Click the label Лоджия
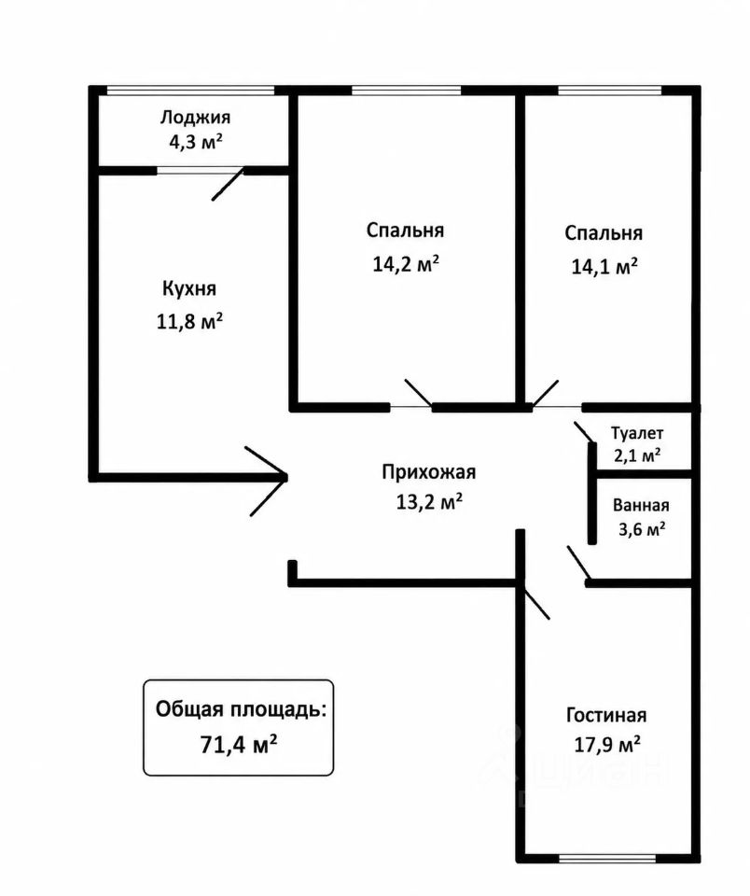pos(195,118)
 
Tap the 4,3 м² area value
pos(195,141)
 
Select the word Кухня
pos(189,288)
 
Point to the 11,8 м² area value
pos(189,322)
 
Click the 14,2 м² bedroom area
pos(406,264)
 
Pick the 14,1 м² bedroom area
pos(604,266)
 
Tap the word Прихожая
pos(428,472)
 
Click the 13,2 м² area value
pos(429,502)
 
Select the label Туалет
pos(637,434)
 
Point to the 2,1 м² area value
pos(637,456)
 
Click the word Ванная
pos(641,506)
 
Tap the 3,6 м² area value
pos(642,529)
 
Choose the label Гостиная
pos(606,715)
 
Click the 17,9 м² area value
pos(606,745)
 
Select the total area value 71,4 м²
pos(239,745)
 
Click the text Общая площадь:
pos(242,710)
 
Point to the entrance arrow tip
pos(286,475)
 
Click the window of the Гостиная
pos(607,859)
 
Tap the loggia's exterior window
pos(191,91)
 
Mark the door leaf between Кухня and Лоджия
pos(229,184)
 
